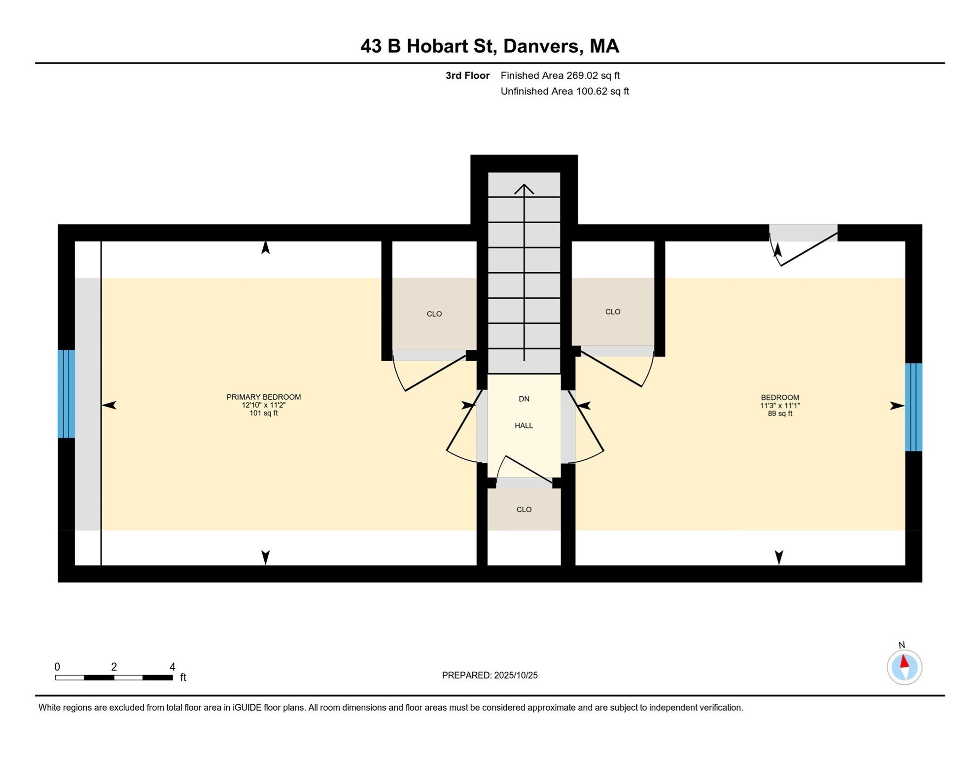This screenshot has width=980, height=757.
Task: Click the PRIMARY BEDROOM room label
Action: click(264, 397)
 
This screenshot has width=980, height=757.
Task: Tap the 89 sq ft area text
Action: click(780, 414)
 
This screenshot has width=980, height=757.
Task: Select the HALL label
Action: click(524, 426)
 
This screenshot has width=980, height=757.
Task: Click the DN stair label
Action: click(524, 399)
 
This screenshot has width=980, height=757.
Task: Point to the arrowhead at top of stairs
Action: click(524, 188)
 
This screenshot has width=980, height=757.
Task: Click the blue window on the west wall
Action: click(66, 394)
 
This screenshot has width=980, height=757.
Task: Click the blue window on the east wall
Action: click(913, 407)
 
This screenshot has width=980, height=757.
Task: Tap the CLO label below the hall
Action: click(524, 510)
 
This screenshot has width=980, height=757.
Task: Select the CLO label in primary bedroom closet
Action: click(434, 314)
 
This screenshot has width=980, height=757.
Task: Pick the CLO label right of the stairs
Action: click(612, 312)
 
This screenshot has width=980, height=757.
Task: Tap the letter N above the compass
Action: click(902, 645)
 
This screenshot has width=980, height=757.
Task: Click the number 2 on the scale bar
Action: click(114, 667)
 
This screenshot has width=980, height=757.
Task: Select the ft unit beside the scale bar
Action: click(183, 678)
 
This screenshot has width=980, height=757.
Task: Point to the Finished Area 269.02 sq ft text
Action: click(560, 76)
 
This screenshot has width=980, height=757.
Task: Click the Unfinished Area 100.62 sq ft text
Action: click(564, 92)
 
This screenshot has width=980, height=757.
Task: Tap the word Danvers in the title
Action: click(540, 46)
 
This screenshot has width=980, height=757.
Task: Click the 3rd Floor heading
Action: click(467, 76)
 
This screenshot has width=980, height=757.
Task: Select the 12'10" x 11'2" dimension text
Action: click(264, 406)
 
